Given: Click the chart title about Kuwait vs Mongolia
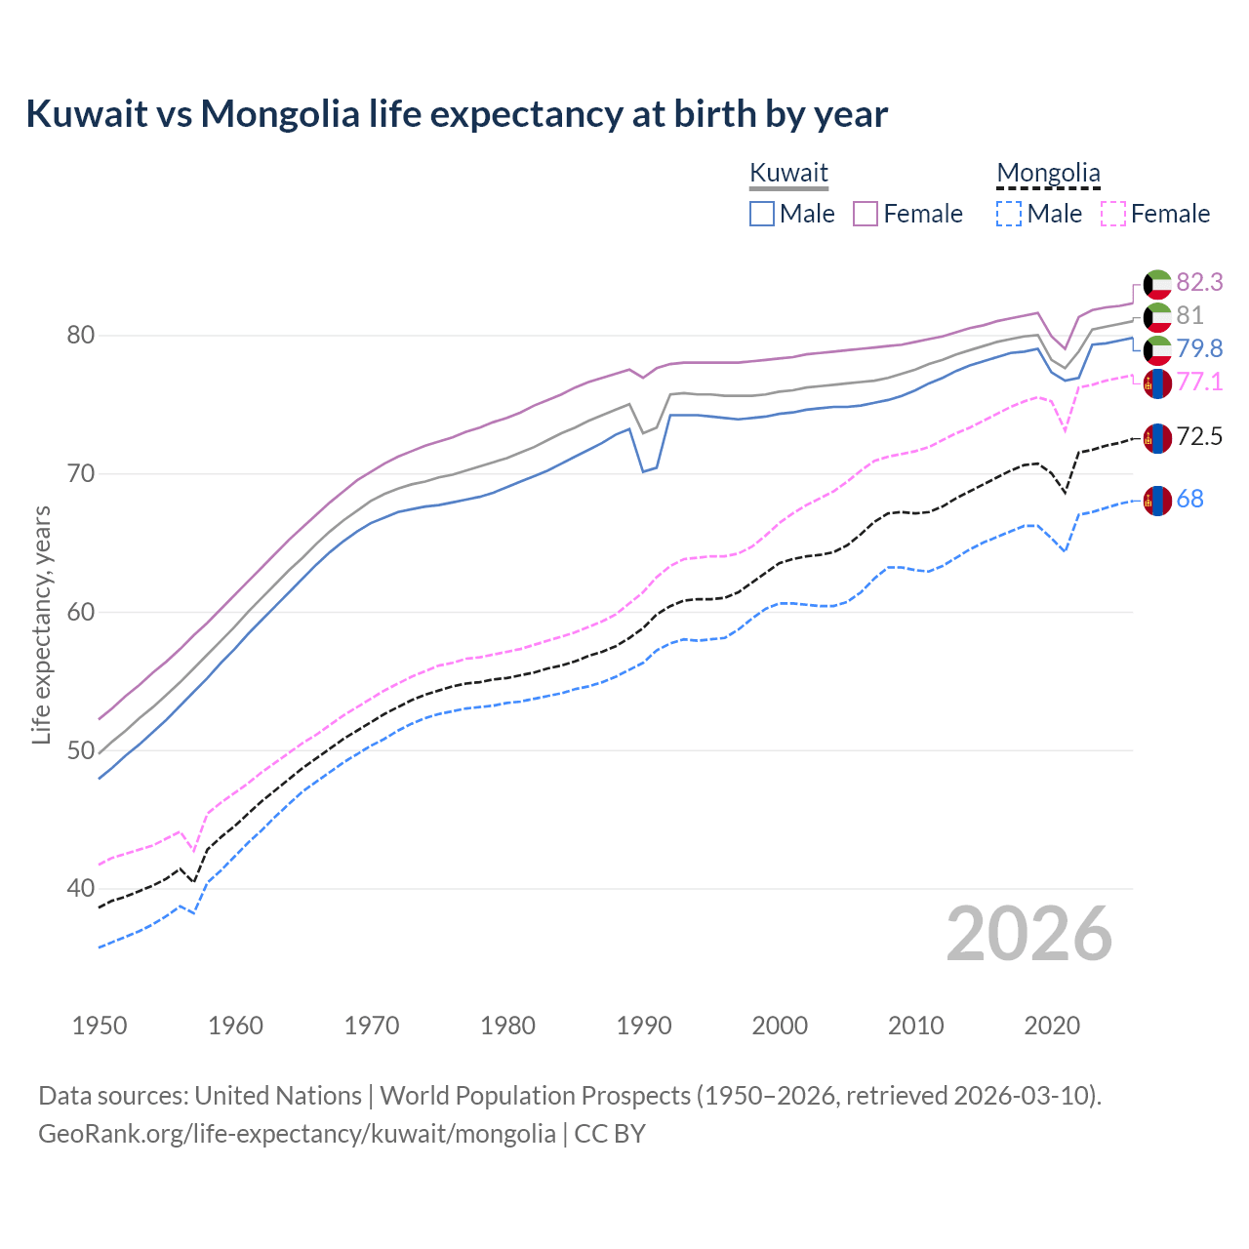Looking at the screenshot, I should [457, 114].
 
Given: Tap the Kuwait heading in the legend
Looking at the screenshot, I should [788, 173].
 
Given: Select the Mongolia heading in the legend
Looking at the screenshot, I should [1048, 173].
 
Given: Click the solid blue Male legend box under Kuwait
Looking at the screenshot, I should [762, 214].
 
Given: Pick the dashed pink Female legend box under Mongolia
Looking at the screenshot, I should [1113, 214].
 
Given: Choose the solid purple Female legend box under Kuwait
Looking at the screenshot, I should [866, 214].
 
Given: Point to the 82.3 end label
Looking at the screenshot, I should [1199, 282].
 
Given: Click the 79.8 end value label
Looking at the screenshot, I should [1199, 348].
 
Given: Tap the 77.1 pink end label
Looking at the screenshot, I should [1199, 382].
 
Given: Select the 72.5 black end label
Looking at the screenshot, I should [1199, 436].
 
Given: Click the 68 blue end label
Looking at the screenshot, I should [1190, 499].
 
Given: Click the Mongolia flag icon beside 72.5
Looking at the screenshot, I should [1157, 438].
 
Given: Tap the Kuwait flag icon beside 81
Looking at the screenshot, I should [1157, 316].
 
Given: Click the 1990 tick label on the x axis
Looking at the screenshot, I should [644, 1026].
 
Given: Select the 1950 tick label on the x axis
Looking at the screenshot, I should [100, 1026].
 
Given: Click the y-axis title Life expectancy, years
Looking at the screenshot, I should [41, 624].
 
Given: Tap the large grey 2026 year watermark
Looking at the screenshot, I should [1028, 934].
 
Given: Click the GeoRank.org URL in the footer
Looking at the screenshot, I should [297, 1134].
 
